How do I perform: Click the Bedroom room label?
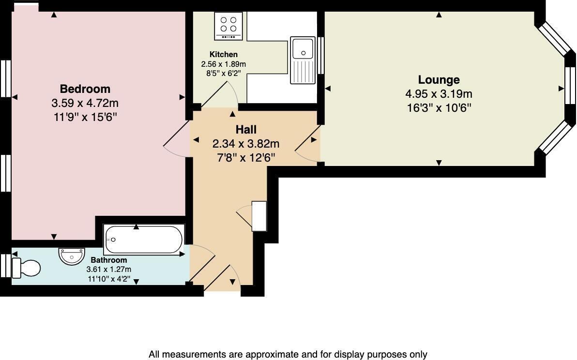pos(85,89)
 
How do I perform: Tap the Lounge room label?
pos(439,80)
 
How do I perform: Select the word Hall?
pos(246,130)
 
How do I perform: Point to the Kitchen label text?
pos(223,55)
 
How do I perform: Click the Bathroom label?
pos(108,260)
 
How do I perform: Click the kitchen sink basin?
pos(304,48)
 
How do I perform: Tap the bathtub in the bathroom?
pos(143,240)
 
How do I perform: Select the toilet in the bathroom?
pos(27,268)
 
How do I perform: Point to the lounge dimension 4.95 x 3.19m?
pos(439,94)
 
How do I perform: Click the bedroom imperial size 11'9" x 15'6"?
pos(85,117)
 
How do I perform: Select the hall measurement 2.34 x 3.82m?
pos(246,144)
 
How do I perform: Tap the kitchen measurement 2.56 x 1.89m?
pos(223,64)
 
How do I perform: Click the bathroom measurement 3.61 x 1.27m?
pos(108,269)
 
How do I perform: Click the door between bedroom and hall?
pos(175,140)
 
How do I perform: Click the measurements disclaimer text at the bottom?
pos(288,354)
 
